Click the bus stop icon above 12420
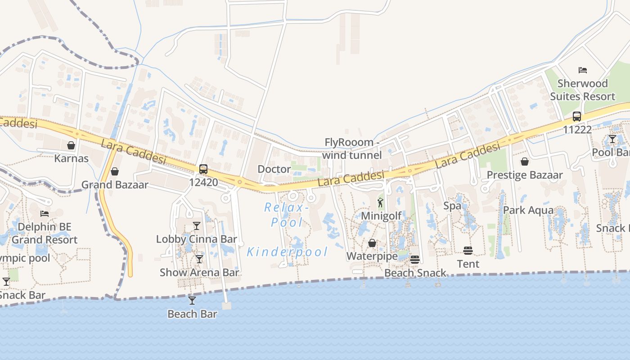point(203,169)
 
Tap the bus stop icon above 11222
point(577,117)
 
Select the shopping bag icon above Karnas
point(71,145)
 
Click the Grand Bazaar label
point(114,184)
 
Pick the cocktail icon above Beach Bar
point(192,300)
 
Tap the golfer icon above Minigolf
point(380,202)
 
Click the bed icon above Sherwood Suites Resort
point(583,70)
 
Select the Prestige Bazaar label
point(525,175)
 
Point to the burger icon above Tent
point(468,250)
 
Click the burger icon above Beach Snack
point(415,259)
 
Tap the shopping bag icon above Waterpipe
point(372,243)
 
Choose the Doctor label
point(274,169)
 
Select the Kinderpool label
point(287,252)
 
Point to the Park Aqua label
point(528,210)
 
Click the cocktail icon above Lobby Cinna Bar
point(197,225)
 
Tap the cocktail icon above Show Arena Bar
point(199,259)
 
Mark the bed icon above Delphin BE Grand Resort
point(44,213)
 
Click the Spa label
point(452,206)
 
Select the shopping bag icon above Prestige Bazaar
point(525,161)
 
